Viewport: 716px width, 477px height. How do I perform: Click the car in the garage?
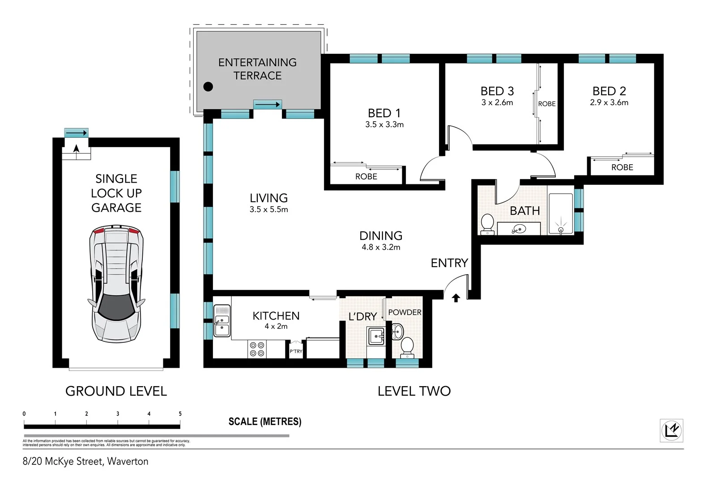[x=116, y=284]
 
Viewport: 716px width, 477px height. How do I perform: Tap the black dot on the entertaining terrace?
[x=208, y=87]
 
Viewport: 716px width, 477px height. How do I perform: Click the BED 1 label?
[x=384, y=113]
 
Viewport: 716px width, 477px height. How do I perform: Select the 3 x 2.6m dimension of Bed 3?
[x=497, y=102]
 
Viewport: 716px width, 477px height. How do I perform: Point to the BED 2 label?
[x=609, y=91]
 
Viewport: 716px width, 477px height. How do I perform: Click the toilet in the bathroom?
[x=487, y=224]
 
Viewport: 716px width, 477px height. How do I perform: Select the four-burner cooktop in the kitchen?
[x=257, y=349]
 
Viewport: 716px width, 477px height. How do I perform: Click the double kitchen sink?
[x=222, y=321]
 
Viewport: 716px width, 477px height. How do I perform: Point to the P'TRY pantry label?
[x=296, y=351]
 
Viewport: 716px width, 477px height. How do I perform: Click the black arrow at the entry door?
[x=456, y=298]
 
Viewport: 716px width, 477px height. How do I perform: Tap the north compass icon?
[x=671, y=430]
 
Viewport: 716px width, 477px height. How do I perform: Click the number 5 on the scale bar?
[x=180, y=414]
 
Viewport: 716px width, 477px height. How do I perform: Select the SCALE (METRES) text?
[x=265, y=422]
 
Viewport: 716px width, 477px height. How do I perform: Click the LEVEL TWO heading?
[x=414, y=392]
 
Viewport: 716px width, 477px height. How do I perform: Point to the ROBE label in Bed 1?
[x=366, y=176]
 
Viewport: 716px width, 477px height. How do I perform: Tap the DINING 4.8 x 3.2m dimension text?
[x=381, y=247]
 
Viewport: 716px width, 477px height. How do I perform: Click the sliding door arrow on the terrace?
[x=268, y=105]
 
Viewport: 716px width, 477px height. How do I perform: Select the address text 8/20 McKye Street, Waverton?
[x=85, y=461]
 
